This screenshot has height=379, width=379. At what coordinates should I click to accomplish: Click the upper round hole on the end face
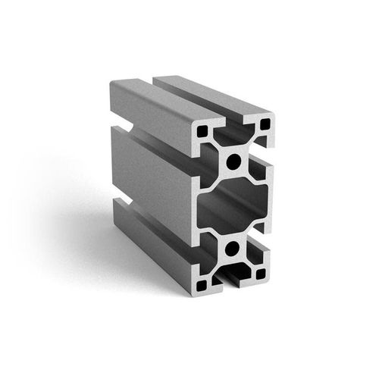[x=233, y=160]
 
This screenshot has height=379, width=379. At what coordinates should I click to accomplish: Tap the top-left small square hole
[x=202, y=131]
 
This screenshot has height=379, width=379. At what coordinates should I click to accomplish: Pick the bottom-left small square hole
[x=202, y=285]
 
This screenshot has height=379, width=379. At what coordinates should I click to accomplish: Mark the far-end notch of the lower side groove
[x=119, y=205]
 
